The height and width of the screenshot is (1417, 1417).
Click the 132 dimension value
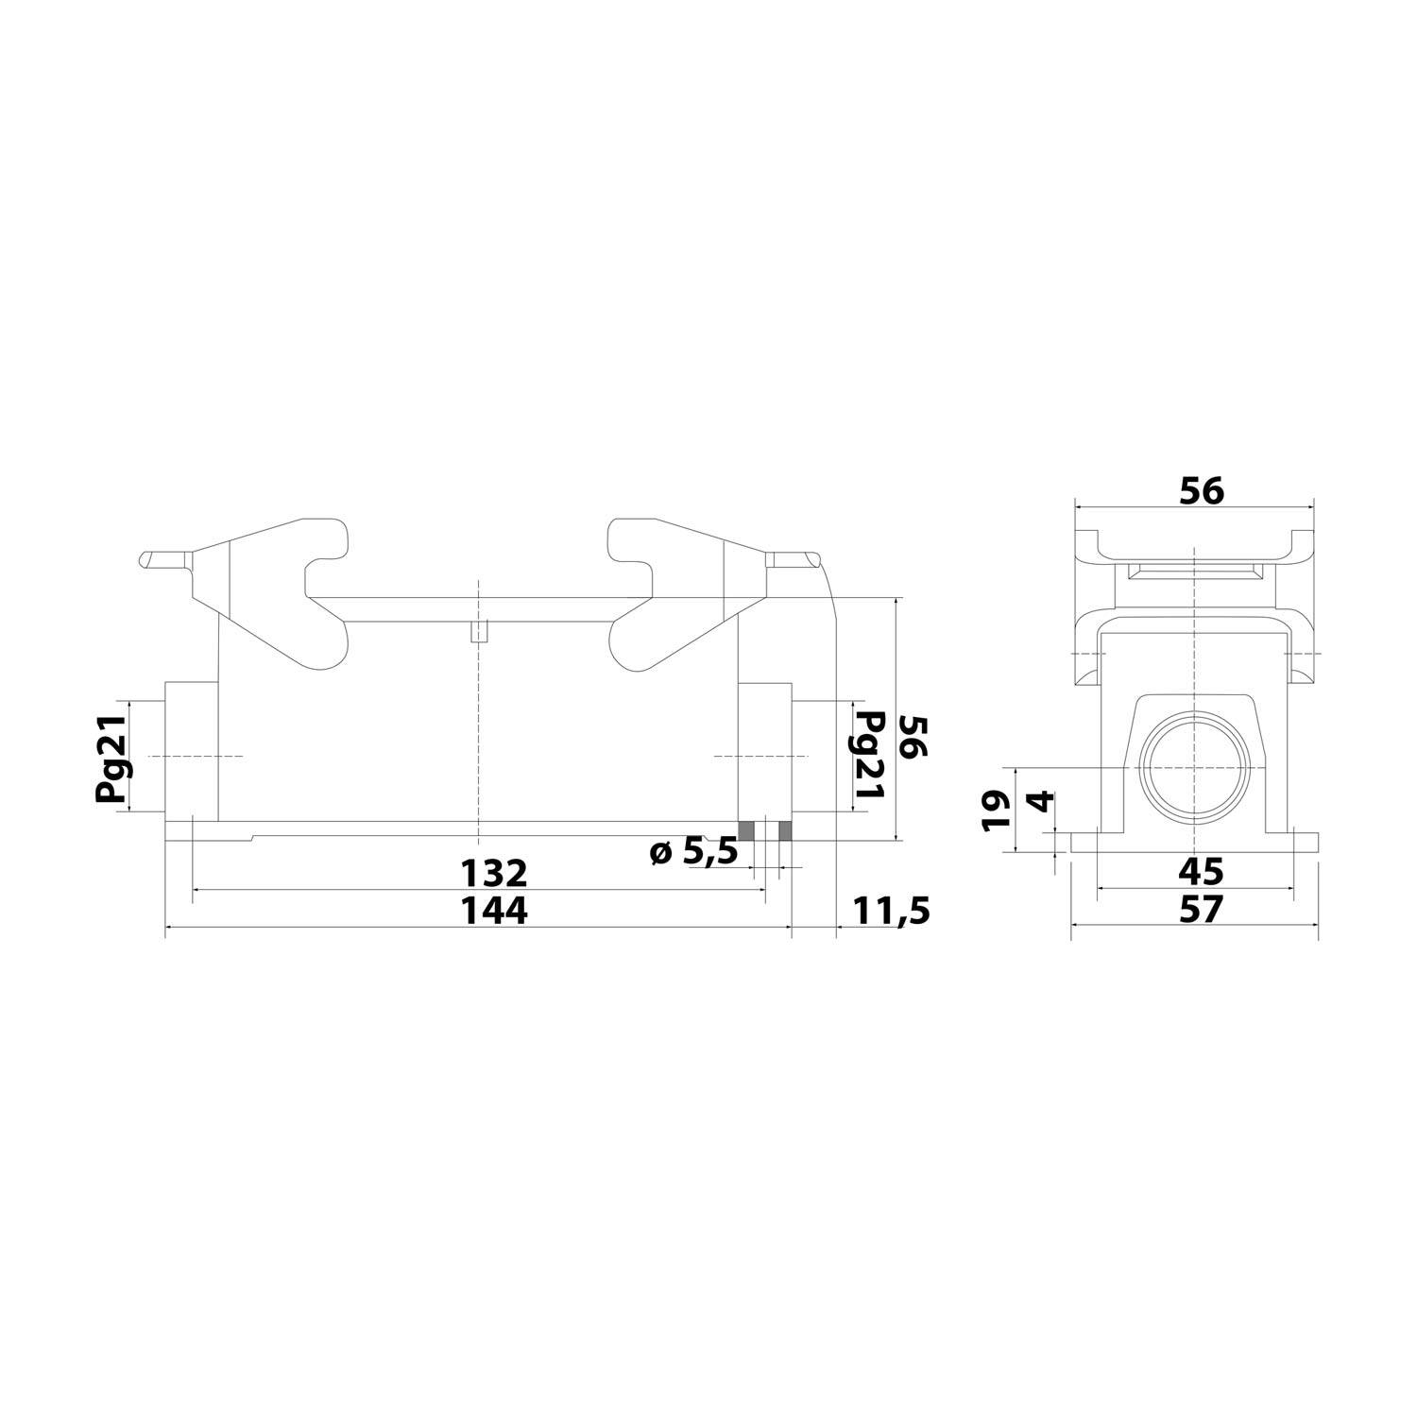[x=494, y=871]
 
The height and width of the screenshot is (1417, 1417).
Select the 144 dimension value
[x=494, y=911]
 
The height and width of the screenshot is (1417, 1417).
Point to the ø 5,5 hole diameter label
[x=693, y=851]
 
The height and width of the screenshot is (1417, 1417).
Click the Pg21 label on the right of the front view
[x=868, y=757]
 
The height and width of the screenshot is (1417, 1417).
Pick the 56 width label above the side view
[x=1201, y=491]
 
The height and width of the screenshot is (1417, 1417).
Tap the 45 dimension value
[x=1201, y=871]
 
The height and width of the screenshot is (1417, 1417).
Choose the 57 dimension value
[x=1201, y=910]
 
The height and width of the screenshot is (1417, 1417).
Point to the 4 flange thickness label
[x=1039, y=802]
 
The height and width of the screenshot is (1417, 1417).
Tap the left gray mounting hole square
[x=746, y=830]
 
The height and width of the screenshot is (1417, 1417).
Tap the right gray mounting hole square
[x=785, y=830]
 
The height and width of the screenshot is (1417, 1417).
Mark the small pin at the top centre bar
[x=479, y=631]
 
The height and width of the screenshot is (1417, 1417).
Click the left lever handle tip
[x=151, y=559]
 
